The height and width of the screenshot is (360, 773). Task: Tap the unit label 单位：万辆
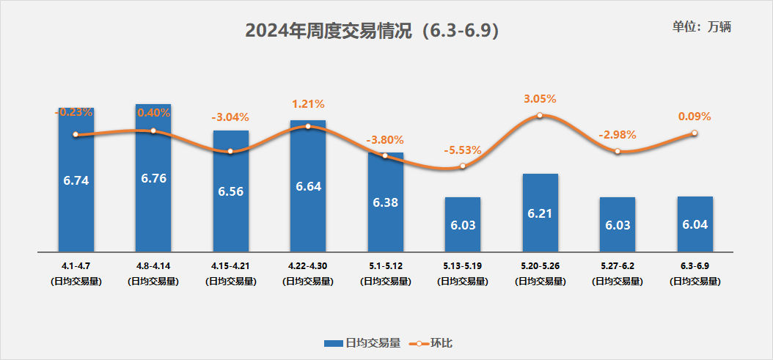tap(701, 27)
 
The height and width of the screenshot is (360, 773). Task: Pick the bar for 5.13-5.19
tap(463, 224)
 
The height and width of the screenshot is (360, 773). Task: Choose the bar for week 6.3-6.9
tap(695, 224)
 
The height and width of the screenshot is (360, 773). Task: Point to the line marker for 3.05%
tap(540, 115)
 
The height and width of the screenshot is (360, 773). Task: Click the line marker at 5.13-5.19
tap(463, 166)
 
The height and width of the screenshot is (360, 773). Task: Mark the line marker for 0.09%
tap(695, 133)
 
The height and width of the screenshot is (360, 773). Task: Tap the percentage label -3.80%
tap(385, 140)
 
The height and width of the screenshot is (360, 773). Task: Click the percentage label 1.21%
tap(307, 104)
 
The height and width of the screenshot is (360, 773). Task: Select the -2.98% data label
tap(617, 135)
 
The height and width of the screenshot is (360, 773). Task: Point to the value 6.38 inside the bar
tap(385, 202)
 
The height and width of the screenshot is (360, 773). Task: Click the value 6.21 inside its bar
tap(540, 213)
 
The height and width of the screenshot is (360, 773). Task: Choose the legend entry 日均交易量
tap(362, 342)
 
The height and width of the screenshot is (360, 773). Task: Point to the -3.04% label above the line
tap(230, 117)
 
